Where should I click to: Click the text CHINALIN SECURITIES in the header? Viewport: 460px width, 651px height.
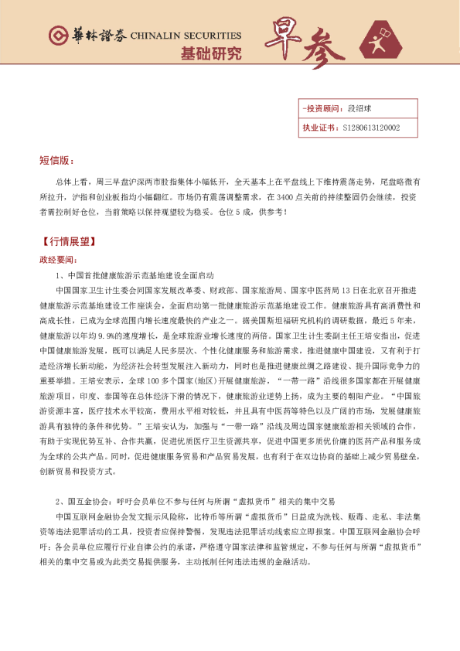(x=186, y=36)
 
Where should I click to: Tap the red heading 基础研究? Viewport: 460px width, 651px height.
(x=210, y=54)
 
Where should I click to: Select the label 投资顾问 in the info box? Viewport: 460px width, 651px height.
(x=319, y=109)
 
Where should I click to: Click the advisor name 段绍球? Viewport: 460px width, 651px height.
(x=360, y=109)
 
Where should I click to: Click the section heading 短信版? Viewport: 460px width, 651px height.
(x=56, y=161)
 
